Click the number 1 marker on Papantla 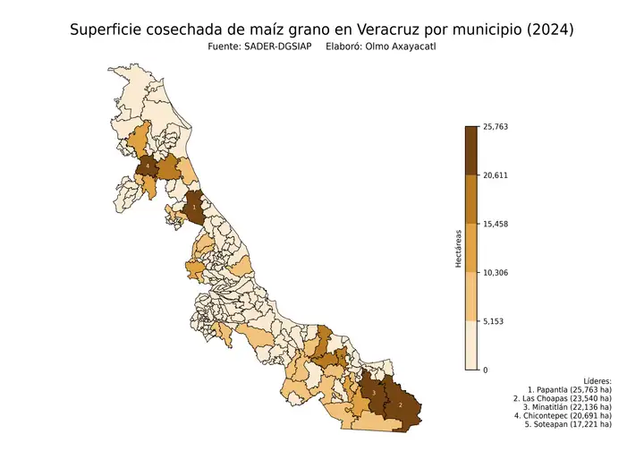tap(194, 207)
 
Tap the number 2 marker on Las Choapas tap(400, 404)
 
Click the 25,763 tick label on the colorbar tap(495, 127)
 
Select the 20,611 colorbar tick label tap(495, 175)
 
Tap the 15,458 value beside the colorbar tap(495, 224)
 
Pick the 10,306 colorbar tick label tap(495, 272)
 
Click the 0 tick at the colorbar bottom tap(485, 370)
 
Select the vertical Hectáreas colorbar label tap(457, 248)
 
